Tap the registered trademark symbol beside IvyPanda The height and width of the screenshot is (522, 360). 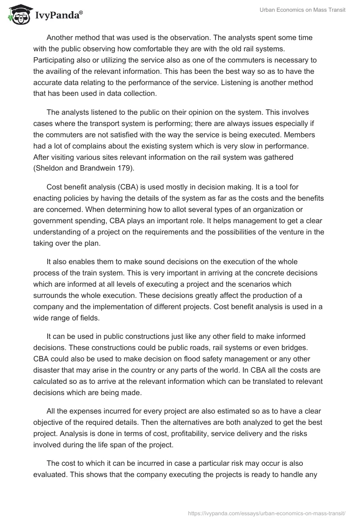81,13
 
